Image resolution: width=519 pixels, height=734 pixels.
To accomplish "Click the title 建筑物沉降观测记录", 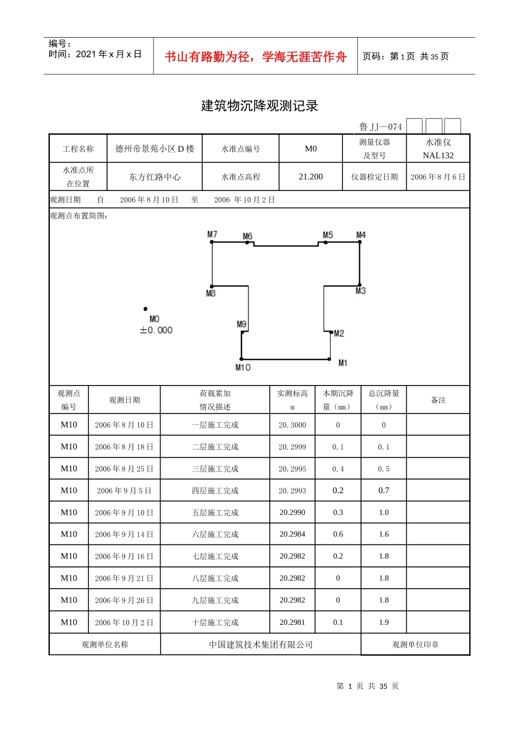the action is pyautogui.click(x=259, y=106).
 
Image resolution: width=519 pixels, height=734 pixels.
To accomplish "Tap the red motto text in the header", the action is pyautogui.click(x=256, y=57).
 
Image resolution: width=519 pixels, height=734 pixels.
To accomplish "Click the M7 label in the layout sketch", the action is pyautogui.click(x=212, y=234).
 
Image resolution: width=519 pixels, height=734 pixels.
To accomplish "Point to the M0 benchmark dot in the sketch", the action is pyautogui.click(x=145, y=309).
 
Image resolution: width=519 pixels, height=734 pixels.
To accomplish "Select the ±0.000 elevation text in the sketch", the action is pyautogui.click(x=156, y=330).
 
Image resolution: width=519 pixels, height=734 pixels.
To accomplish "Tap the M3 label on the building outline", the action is pyautogui.click(x=361, y=291).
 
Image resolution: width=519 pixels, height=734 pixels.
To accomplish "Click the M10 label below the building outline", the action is pyautogui.click(x=243, y=368).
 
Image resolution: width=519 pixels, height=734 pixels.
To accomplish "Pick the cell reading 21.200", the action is pyautogui.click(x=311, y=177).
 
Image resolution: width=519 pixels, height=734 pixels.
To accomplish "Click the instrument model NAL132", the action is pyautogui.click(x=438, y=156).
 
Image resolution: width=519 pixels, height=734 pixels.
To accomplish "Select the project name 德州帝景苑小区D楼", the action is pyautogui.click(x=155, y=149).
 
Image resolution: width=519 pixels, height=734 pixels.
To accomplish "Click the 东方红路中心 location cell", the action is pyautogui.click(x=155, y=177).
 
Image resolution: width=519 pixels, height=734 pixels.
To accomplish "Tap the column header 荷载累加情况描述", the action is pyautogui.click(x=215, y=400).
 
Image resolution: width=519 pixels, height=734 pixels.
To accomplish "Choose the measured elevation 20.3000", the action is pyautogui.click(x=292, y=425).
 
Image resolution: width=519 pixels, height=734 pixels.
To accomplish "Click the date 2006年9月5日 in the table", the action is pyautogui.click(x=124, y=491).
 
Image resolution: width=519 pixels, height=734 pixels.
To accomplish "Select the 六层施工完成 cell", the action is pyautogui.click(x=215, y=535).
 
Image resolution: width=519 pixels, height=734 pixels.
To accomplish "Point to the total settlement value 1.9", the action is pyautogui.click(x=384, y=622).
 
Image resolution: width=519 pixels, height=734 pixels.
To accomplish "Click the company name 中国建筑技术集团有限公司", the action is pyautogui.click(x=261, y=644).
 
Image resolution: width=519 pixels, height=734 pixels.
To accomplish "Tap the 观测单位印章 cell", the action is pyautogui.click(x=415, y=644).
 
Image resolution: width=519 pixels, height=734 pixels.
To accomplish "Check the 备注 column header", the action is pyautogui.click(x=438, y=400).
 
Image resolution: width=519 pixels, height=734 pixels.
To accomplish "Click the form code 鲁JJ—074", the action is pyautogui.click(x=380, y=127).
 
